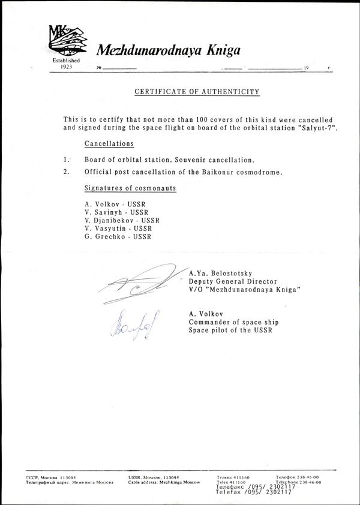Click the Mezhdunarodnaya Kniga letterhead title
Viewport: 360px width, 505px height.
tap(169, 50)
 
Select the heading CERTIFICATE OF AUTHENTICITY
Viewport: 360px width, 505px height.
tap(197, 92)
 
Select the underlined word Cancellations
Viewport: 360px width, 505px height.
tap(109, 145)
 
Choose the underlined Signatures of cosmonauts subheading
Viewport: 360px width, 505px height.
tap(130, 188)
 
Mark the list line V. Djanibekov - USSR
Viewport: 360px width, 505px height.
tap(122, 220)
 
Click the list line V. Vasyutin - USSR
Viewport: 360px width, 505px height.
tap(118, 229)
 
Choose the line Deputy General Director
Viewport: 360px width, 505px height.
tap(233, 280)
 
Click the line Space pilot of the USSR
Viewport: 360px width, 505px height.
tap(230, 330)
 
